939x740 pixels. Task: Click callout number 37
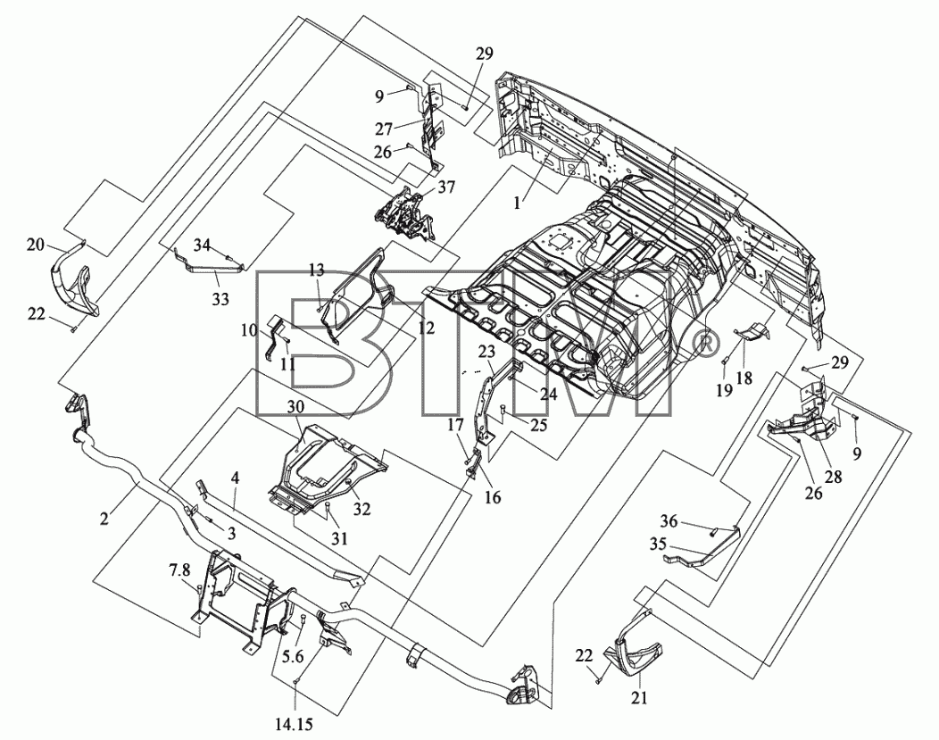point(445,187)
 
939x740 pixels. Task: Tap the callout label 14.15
point(294,725)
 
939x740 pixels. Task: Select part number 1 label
point(517,203)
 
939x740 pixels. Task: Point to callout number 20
point(36,245)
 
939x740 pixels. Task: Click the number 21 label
point(640,697)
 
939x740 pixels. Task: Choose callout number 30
point(295,406)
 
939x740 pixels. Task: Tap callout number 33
point(220,298)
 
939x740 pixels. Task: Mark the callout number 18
point(744,378)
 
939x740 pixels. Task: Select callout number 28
point(833,477)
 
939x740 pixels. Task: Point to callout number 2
point(104,519)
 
